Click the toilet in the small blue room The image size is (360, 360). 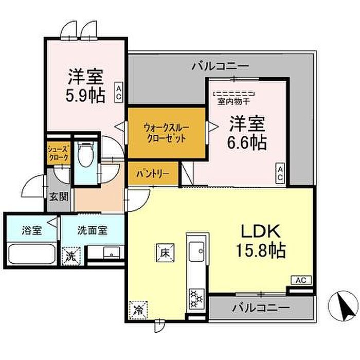click(x=85, y=154)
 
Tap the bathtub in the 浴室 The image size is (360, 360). click(x=32, y=255)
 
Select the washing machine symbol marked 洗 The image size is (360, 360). click(x=71, y=256)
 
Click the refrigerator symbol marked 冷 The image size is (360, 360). click(x=138, y=310)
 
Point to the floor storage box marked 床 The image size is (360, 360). click(x=165, y=253)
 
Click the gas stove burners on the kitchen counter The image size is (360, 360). click(x=197, y=298)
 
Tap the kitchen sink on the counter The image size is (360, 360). click(x=196, y=251)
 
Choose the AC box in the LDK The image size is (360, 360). click(x=301, y=280)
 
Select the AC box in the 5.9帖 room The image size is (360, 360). click(x=119, y=92)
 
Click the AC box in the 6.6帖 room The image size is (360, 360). click(x=280, y=173)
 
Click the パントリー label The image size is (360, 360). click(x=153, y=174)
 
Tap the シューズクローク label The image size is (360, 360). click(x=58, y=153)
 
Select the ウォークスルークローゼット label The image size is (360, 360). click(x=166, y=133)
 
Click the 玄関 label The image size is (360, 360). click(x=59, y=197)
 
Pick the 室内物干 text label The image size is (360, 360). click(x=233, y=101)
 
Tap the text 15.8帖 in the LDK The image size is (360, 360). click(x=261, y=250)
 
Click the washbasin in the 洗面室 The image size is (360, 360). click(x=112, y=253)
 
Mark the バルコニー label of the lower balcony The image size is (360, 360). click(x=261, y=308)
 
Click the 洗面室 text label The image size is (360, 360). click(x=92, y=230)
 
